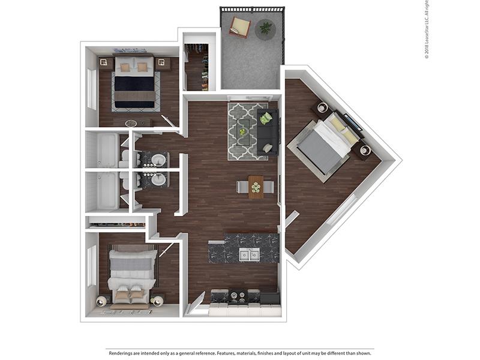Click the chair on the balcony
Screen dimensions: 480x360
coord(240,27)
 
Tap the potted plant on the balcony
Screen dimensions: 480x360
coord(265,28)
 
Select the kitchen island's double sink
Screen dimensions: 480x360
coord(250,254)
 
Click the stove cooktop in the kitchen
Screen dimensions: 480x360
coord(238,295)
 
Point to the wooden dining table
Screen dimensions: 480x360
coord(256,187)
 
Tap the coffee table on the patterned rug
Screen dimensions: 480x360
coord(243,132)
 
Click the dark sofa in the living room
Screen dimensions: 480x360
coord(267,132)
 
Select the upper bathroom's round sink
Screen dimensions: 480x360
coord(159,160)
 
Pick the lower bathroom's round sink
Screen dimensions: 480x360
coord(159,179)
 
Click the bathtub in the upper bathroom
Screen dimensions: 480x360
coord(107,150)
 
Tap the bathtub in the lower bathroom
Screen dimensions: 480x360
coord(107,190)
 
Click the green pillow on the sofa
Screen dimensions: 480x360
coord(266,118)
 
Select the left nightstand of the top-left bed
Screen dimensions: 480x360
coord(104,63)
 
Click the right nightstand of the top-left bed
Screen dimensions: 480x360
coord(161,63)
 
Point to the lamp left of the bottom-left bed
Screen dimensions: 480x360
coord(101,301)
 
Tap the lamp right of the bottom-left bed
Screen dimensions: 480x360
coord(157,301)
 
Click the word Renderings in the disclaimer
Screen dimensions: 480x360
coord(121,353)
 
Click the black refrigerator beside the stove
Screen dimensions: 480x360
coord(269,298)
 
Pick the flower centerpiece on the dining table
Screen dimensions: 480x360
coord(256,187)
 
